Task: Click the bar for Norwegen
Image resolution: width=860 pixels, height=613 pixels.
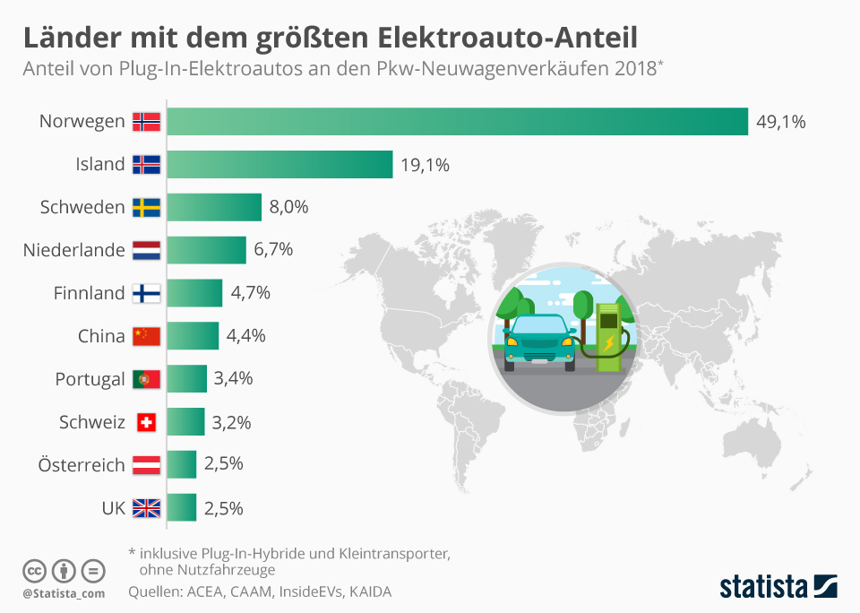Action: pyautogui.click(x=457, y=121)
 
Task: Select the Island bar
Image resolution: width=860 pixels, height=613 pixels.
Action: pyautogui.click(x=279, y=164)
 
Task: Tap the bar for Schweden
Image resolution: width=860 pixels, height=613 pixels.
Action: pyautogui.click(x=214, y=207)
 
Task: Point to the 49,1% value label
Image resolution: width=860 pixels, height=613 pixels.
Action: pyautogui.click(x=781, y=121)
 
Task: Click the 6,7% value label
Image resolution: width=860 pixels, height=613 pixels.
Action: pyautogui.click(x=273, y=250)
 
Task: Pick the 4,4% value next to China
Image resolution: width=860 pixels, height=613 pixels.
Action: pyautogui.click(x=245, y=336)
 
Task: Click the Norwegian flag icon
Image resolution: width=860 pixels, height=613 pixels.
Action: pyautogui.click(x=146, y=121)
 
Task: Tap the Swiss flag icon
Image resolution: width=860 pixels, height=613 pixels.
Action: pyautogui.click(x=146, y=422)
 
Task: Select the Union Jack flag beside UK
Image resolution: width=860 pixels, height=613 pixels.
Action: pyautogui.click(x=146, y=508)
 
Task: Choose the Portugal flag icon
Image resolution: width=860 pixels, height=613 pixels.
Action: pyautogui.click(x=146, y=379)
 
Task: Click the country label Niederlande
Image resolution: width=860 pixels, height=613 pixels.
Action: pyautogui.click(x=73, y=250)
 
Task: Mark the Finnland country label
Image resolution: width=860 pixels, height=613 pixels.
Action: pyautogui.click(x=89, y=293)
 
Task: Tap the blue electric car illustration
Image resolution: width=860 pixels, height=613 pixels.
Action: pyautogui.click(x=539, y=341)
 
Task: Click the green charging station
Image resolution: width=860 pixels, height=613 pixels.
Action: pyautogui.click(x=610, y=337)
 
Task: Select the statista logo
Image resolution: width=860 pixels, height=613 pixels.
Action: pyautogui.click(x=778, y=587)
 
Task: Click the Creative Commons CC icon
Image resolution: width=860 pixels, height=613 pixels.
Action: pyautogui.click(x=34, y=570)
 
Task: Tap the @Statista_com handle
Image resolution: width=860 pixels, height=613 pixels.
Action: pyautogui.click(x=64, y=592)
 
